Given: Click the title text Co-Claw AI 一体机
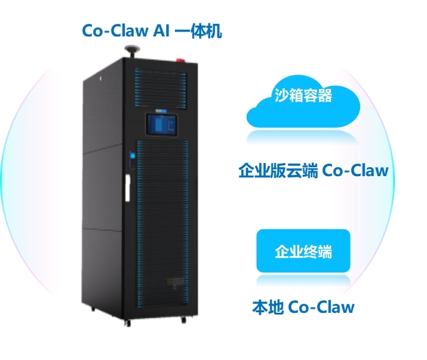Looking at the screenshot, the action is pyautogui.click(x=152, y=30).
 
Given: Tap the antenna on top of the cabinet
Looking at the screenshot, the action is pyautogui.click(x=133, y=51).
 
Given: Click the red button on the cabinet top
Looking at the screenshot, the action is pyautogui.click(x=180, y=59).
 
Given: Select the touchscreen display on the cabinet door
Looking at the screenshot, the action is pyautogui.click(x=162, y=124).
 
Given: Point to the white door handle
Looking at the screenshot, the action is pyautogui.click(x=127, y=188).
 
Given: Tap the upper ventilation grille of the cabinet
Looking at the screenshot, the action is pyautogui.click(x=161, y=88).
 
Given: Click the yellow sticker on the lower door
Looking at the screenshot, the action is pyautogui.click(x=174, y=283).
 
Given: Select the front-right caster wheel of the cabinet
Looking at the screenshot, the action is pyautogui.click(x=183, y=319).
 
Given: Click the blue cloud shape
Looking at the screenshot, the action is pyautogui.click(x=303, y=103).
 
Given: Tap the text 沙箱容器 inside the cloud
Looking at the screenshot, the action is pyautogui.click(x=303, y=96).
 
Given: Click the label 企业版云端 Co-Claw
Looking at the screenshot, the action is pyautogui.click(x=314, y=171).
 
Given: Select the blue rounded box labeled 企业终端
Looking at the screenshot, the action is pyautogui.click(x=303, y=251).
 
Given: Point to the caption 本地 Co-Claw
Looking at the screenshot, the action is pyautogui.click(x=303, y=307).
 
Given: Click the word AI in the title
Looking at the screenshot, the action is pyautogui.click(x=161, y=30).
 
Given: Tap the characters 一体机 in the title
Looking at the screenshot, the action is pyautogui.click(x=198, y=30).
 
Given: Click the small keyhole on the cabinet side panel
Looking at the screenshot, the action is pyautogui.click(x=100, y=78).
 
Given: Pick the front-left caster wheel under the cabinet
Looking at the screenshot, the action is pyautogui.click(x=127, y=323).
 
